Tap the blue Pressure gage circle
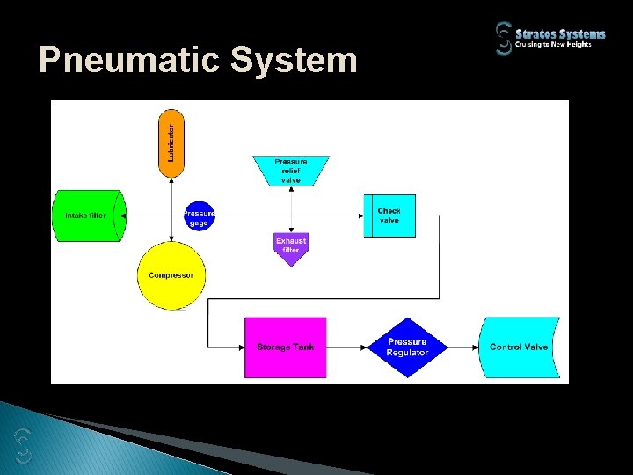click(x=200, y=215)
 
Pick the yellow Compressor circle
click(x=171, y=275)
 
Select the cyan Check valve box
click(x=389, y=216)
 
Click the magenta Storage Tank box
click(x=285, y=347)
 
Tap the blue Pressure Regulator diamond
click(x=406, y=347)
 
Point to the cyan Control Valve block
click(x=518, y=347)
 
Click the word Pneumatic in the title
click(x=129, y=61)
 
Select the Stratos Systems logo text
click(x=560, y=33)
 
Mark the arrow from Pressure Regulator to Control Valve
click(x=463, y=347)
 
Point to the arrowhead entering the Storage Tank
click(x=239, y=347)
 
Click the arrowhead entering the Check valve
click(x=360, y=216)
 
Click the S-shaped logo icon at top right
click(x=503, y=39)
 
